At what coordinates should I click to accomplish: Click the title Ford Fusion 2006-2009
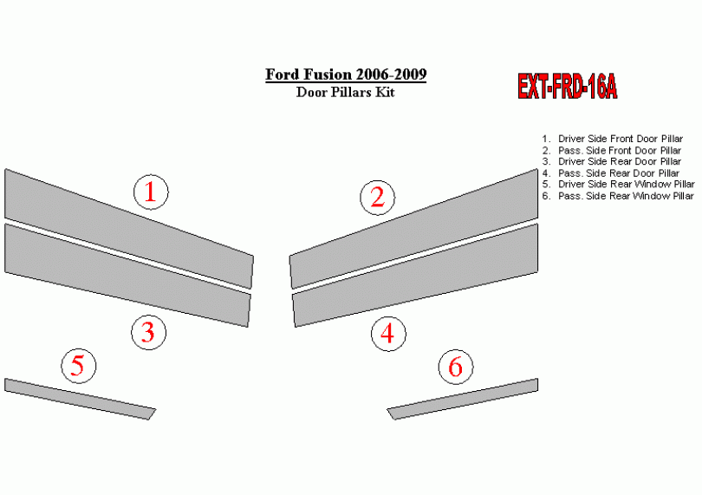pos(346,75)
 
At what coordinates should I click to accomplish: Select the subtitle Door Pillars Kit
pos(345,92)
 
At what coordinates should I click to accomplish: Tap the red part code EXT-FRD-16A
pos(568,86)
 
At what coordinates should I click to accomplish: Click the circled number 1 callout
pos(151,192)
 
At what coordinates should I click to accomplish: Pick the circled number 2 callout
pos(377,198)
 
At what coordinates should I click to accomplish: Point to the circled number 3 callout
pos(149,333)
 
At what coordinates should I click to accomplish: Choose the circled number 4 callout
pos(388,334)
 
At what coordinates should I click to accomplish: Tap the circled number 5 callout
pos(78,366)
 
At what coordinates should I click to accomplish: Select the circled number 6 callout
pos(455,367)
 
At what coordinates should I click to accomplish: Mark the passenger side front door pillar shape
pos(414,229)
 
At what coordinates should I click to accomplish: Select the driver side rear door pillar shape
pos(127,275)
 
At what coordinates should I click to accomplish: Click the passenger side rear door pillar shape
pos(415,275)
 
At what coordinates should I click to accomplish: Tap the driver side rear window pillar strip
pos(80,399)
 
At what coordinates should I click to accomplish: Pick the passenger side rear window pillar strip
pos(463,399)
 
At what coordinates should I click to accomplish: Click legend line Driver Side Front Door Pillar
pos(613,139)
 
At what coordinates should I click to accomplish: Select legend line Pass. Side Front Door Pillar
pos(612,151)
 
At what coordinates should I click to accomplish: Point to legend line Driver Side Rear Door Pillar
pos(612,162)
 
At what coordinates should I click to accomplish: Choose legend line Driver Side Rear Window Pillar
pos(618,185)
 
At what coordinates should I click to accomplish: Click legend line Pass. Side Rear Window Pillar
pos(618,196)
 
